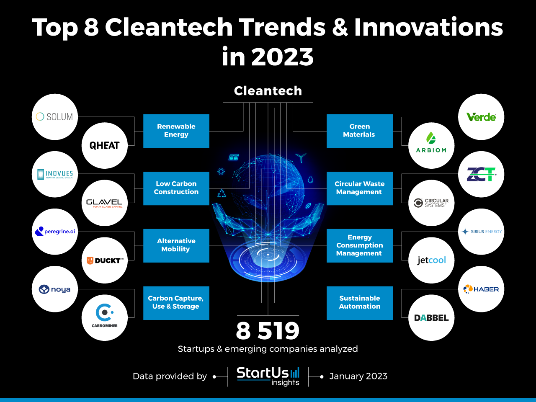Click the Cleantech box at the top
pyautogui.click(x=268, y=91)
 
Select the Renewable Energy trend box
pyautogui.click(x=176, y=131)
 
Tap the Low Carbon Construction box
pyautogui.click(x=176, y=188)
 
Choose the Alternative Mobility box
pyautogui.click(x=176, y=245)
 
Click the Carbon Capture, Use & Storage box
pyautogui.click(x=176, y=303)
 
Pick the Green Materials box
pyautogui.click(x=359, y=131)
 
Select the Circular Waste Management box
pyautogui.click(x=359, y=188)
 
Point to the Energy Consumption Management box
pyautogui.click(x=359, y=245)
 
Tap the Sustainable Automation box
pyautogui.click(x=359, y=303)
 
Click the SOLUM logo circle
pyautogui.click(x=55, y=117)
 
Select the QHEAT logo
pyautogui.click(x=105, y=145)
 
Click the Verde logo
pyautogui.click(x=481, y=117)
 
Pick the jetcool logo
pyautogui.click(x=431, y=260)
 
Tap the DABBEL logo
pyautogui.click(x=431, y=318)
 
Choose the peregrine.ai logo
pyautogui.click(x=55, y=232)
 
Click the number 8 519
pyautogui.click(x=268, y=331)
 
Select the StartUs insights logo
pyautogui.click(x=268, y=376)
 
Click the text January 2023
pyautogui.click(x=358, y=376)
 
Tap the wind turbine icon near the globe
pyautogui.click(x=301, y=158)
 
